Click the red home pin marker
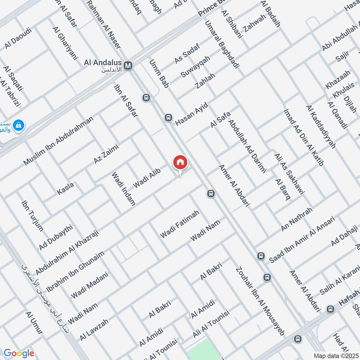tap(180, 162)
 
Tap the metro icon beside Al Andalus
tap(129, 65)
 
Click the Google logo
tap(18, 353)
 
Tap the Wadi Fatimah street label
tap(180, 224)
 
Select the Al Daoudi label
tap(18, 39)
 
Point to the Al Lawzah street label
tap(94, 329)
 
